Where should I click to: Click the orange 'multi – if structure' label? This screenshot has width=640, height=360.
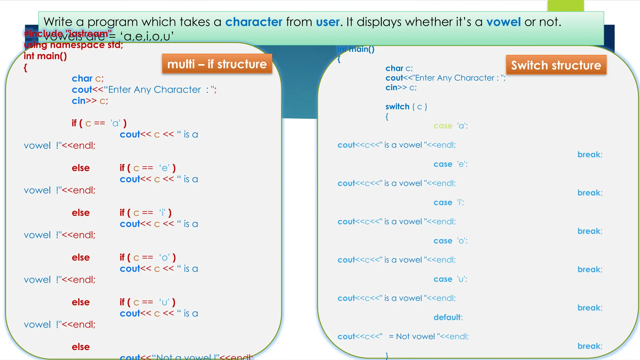(x=217, y=64)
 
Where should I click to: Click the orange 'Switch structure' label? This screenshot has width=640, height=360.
(x=556, y=65)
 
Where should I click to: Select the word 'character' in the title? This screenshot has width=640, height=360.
(x=254, y=22)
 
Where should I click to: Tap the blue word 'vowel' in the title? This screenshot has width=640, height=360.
(x=503, y=22)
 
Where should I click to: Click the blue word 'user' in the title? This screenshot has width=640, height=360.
(x=327, y=22)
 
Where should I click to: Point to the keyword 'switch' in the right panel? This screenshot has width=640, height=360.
(x=397, y=107)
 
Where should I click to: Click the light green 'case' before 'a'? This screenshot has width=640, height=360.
(x=443, y=126)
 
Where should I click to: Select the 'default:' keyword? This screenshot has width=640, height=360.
(x=448, y=317)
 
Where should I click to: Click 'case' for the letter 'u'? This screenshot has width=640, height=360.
(x=443, y=279)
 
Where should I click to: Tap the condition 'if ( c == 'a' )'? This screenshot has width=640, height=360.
(x=99, y=123)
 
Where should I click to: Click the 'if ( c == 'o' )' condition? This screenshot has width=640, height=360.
(x=147, y=257)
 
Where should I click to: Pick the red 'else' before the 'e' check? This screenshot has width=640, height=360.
(x=81, y=168)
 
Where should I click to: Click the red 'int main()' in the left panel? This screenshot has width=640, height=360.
(x=45, y=56)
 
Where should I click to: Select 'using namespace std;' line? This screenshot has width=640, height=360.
(x=74, y=45)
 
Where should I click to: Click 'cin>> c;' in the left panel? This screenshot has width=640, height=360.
(x=90, y=101)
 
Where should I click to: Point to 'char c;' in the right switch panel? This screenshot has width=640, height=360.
(x=399, y=68)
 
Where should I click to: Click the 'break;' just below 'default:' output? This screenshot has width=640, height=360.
(x=590, y=346)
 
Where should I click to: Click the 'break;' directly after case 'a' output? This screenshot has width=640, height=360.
(x=590, y=154)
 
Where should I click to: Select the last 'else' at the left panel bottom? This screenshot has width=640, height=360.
(x=81, y=347)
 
